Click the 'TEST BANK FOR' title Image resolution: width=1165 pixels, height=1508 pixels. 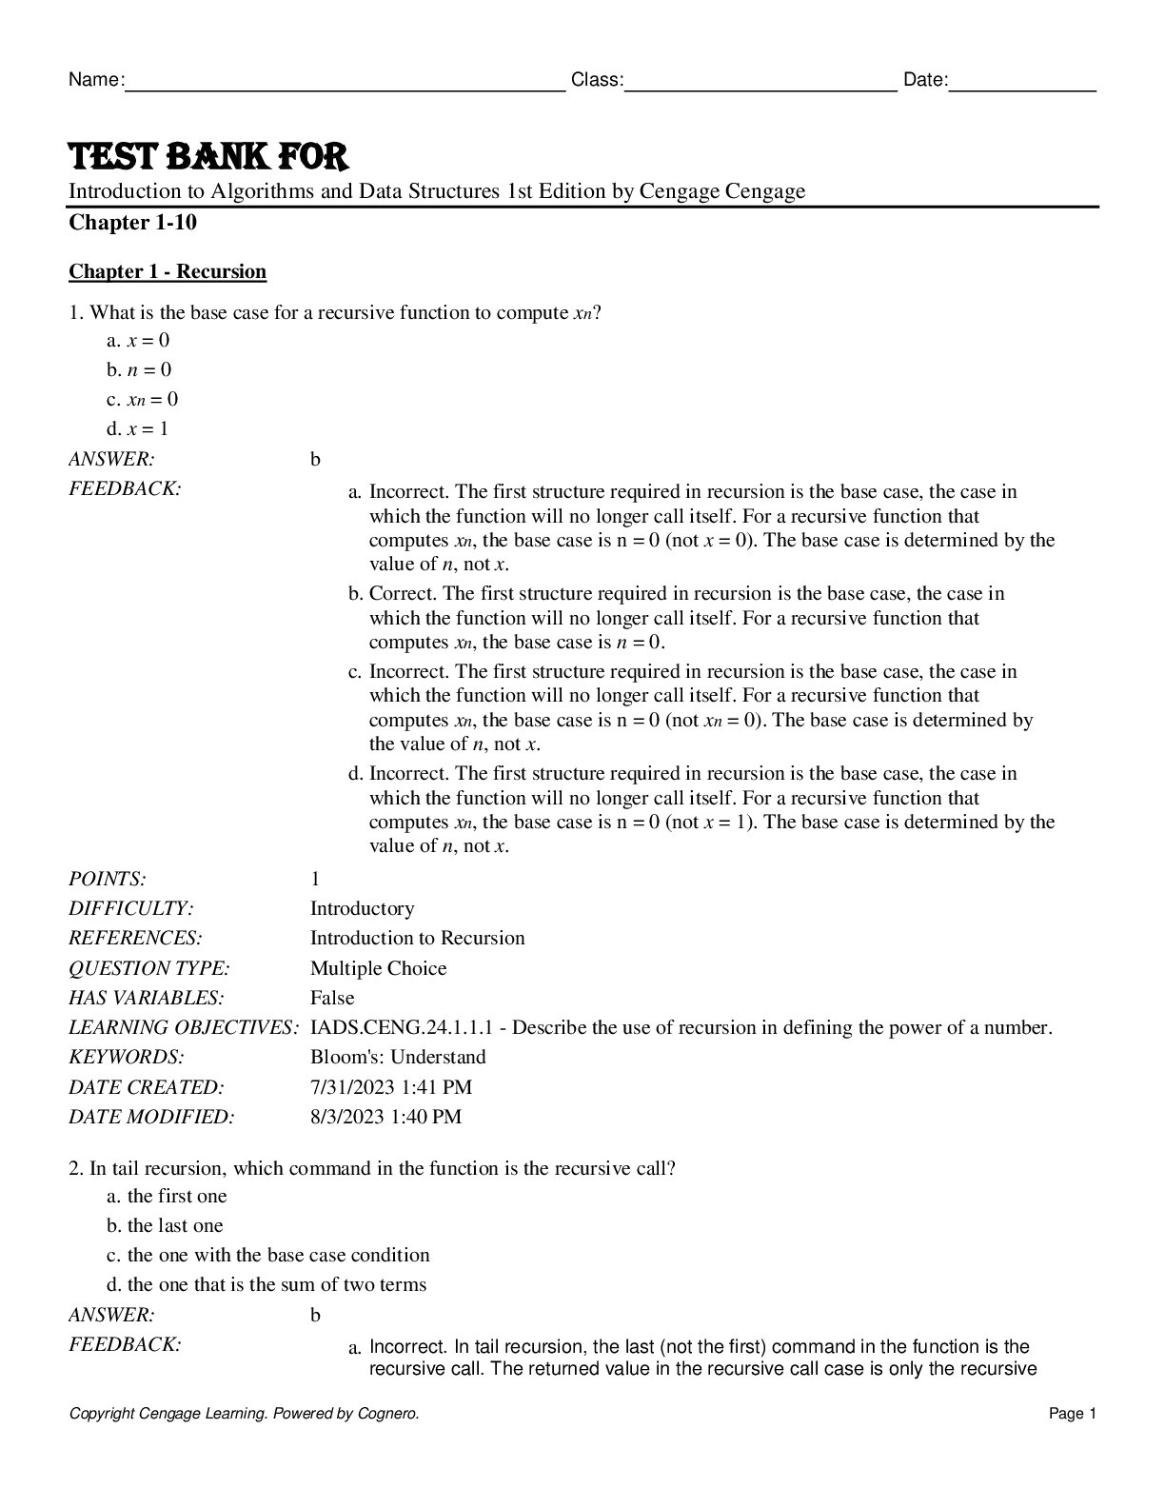pyautogui.click(x=208, y=156)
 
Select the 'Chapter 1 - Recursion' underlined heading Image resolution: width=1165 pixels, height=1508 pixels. pyautogui.click(x=168, y=272)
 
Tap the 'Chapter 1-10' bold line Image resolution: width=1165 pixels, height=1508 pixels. pyautogui.click(x=132, y=223)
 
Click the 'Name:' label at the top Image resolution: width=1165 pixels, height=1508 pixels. pyautogui.click(x=95, y=80)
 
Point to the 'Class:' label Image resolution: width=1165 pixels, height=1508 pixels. pyautogui.click(x=597, y=80)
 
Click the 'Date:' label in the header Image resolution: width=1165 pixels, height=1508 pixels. pyautogui.click(x=925, y=80)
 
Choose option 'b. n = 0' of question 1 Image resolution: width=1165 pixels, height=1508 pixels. pyautogui.click(x=139, y=369)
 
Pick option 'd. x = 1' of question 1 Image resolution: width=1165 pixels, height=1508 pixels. pyautogui.click(x=138, y=428)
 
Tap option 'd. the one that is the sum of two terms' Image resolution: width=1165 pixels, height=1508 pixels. pyautogui.click(x=267, y=1284)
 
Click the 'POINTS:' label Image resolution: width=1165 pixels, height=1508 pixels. pyautogui.click(x=108, y=879)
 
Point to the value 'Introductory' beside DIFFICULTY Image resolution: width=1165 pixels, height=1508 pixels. pyautogui.click(x=362, y=908)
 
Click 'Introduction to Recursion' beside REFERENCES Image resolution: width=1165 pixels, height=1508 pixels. pyautogui.click(x=417, y=938)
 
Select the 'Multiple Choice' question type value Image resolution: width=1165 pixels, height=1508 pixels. pyautogui.click(x=378, y=968)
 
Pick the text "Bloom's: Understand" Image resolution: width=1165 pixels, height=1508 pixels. pyautogui.click(x=398, y=1057)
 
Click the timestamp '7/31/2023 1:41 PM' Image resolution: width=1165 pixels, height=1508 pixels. pyautogui.click(x=390, y=1087)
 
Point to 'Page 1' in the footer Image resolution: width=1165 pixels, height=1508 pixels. pyautogui.click(x=1073, y=1414)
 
